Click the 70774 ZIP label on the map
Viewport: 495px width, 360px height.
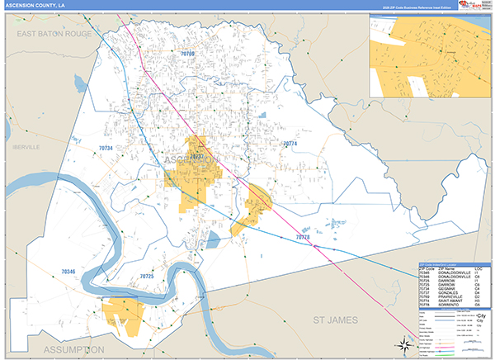(289, 144)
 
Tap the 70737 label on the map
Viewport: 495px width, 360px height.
(196, 154)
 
